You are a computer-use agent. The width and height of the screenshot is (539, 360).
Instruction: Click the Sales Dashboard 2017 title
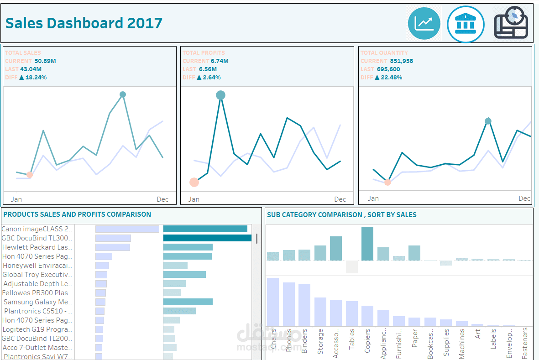click(x=84, y=23)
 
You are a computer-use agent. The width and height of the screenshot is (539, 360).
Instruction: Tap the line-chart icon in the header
click(x=424, y=23)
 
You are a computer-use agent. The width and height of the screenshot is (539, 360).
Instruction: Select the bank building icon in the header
click(x=465, y=24)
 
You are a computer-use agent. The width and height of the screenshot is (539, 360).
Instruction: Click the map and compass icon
click(x=511, y=23)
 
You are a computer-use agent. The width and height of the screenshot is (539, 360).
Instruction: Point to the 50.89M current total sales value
click(x=45, y=61)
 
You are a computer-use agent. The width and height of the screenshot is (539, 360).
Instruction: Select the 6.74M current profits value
click(x=220, y=61)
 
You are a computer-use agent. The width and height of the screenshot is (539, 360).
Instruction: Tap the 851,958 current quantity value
click(x=401, y=61)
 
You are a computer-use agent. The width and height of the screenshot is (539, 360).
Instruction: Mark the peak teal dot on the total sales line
click(x=122, y=94)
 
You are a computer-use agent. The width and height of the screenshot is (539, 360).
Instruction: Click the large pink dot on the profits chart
click(x=194, y=182)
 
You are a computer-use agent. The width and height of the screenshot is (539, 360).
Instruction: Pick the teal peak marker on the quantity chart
click(x=488, y=121)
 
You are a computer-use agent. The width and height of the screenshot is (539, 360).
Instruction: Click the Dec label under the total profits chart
click(x=340, y=199)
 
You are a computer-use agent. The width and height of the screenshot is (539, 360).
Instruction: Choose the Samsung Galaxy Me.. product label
click(x=37, y=302)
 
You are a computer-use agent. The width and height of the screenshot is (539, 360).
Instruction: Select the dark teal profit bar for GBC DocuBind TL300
click(x=207, y=238)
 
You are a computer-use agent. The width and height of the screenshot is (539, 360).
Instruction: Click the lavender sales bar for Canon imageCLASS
click(x=127, y=229)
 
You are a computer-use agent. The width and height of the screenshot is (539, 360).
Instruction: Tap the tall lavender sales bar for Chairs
click(x=273, y=302)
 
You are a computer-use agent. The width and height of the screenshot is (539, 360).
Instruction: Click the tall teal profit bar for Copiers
click(x=367, y=244)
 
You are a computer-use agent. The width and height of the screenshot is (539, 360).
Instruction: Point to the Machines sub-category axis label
click(x=462, y=344)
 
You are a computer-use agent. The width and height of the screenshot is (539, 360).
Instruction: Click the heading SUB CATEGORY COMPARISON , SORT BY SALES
click(x=341, y=214)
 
